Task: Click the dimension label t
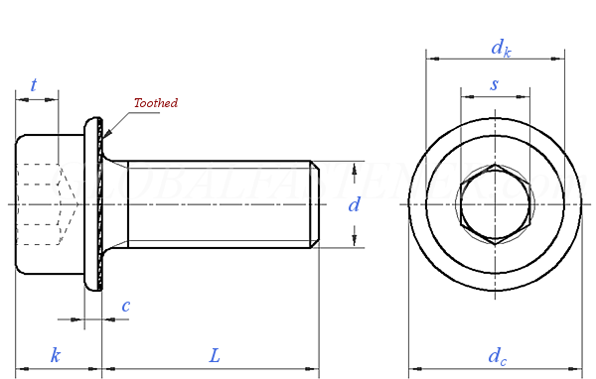(34, 85)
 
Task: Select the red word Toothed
(156, 102)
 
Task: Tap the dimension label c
(125, 306)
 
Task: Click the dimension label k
(56, 354)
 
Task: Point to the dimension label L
(214, 354)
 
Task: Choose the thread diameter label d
(353, 205)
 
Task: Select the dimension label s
(495, 84)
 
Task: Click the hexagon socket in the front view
(495, 204)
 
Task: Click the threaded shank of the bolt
(219, 204)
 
